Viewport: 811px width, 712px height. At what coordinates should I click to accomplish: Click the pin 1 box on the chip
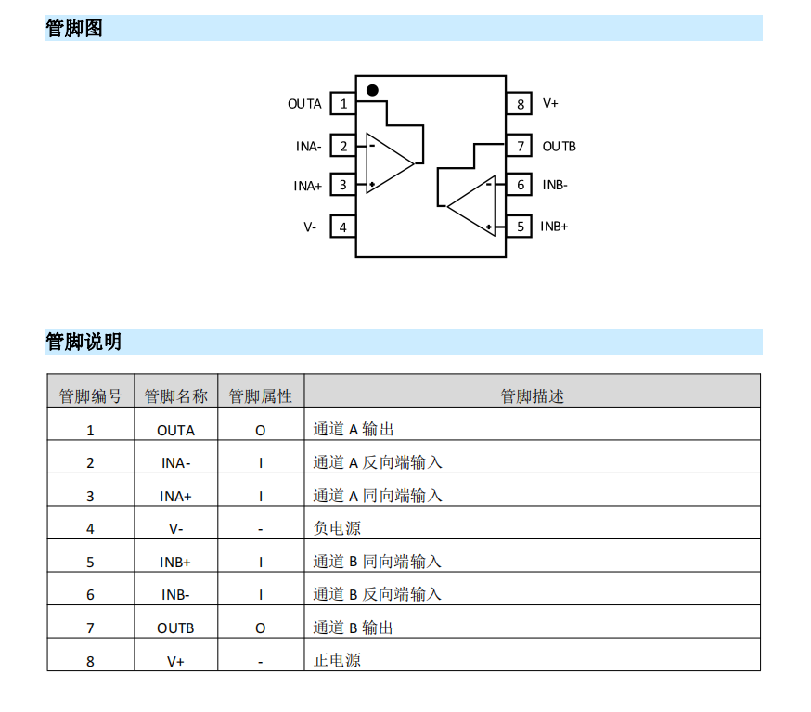(x=343, y=103)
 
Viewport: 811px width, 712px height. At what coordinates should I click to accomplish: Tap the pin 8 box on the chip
(x=520, y=103)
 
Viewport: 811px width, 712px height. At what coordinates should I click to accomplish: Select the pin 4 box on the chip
(x=343, y=227)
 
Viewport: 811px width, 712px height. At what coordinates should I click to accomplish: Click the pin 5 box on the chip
(x=520, y=227)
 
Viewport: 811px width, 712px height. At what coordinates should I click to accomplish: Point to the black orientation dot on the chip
(x=372, y=90)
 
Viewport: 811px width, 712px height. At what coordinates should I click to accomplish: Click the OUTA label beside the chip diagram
(x=304, y=104)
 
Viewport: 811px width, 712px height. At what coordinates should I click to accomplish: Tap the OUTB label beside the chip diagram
(x=560, y=147)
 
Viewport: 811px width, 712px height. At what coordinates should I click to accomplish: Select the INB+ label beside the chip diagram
(x=554, y=227)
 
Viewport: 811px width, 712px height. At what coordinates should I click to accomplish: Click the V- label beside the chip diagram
(x=310, y=227)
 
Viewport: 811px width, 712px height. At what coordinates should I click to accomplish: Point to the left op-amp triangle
(x=367, y=163)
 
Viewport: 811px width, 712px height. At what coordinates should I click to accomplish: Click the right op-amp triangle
(x=494, y=206)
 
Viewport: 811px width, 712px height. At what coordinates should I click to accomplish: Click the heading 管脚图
(x=74, y=28)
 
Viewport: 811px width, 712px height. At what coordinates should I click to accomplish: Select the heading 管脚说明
(x=84, y=342)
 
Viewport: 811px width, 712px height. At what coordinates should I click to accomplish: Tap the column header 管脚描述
(x=532, y=396)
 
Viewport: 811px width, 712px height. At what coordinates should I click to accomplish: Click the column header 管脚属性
(x=260, y=396)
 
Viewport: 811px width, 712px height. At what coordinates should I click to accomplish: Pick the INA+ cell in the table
(x=175, y=497)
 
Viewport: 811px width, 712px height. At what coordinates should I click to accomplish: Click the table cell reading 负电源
(x=337, y=528)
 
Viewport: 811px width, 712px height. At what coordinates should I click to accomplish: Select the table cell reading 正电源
(x=337, y=660)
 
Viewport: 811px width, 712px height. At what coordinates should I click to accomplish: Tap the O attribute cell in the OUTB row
(x=260, y=628)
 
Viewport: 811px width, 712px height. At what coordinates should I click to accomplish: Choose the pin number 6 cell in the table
(x=90, y=595)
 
